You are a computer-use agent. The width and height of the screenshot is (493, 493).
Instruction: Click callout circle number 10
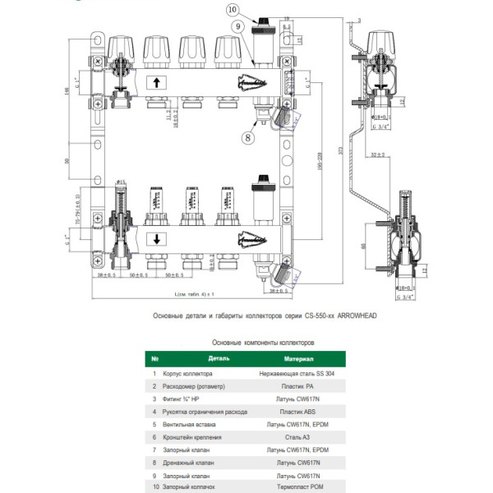233,9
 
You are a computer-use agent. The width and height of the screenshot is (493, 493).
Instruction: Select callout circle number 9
237,27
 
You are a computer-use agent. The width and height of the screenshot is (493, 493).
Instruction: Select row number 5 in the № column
154,424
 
